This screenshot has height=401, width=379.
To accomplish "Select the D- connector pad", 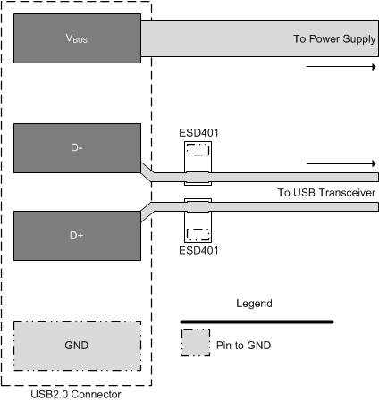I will click(77, 147).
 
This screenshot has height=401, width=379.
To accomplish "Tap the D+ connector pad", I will click(77, 235).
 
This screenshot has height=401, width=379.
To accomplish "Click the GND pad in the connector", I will click(77, 345).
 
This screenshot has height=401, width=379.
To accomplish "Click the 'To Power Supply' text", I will click(333, 39).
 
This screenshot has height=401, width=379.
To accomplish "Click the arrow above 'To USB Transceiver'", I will click(340, 164).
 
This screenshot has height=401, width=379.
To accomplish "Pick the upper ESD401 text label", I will click(199, 134).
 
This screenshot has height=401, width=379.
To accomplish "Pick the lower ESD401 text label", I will click(199, 251).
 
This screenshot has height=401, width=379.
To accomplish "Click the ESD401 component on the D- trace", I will click(198, 161).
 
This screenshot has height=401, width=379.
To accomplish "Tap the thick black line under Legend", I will click(257, 321).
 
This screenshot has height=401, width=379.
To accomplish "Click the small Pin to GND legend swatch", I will click(195, 342).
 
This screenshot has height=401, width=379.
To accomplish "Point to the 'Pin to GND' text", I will click(244, 343).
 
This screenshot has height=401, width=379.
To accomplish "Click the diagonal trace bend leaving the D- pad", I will click(147, 171).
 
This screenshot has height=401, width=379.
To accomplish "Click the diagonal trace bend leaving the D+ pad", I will click(147, 213).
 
